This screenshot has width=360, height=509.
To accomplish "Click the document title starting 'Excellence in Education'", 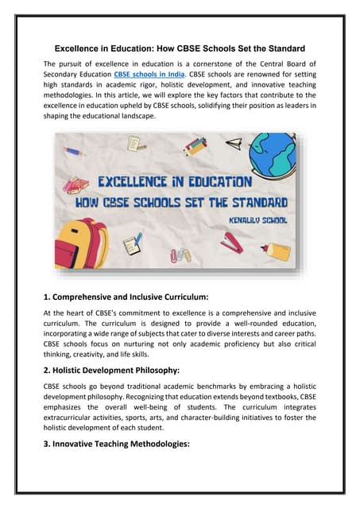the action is (x=180, y=48).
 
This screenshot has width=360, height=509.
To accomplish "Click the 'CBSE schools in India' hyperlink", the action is (x=153, y=76).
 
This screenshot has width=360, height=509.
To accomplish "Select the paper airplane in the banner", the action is (x=234, y=144).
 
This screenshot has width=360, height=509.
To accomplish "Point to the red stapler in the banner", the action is (x=233, y=242).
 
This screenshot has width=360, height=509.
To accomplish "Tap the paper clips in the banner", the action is (x=181, y=256).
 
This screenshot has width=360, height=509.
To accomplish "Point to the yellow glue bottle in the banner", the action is (x=277, y=251).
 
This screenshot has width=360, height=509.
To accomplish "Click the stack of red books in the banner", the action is (x=77, y=185).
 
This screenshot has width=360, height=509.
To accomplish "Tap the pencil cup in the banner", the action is (x=195, y=146).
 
